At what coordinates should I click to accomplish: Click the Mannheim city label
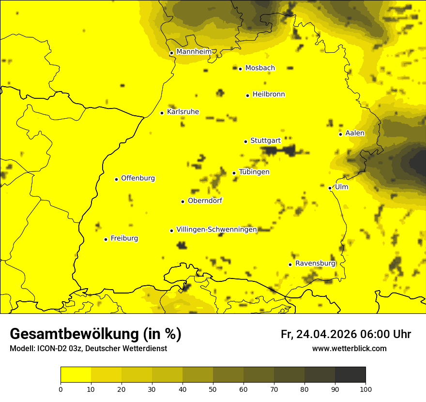[x=194, y=52]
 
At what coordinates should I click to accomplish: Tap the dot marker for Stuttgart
[x=245, y=141]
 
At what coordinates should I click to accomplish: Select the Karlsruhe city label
[x=183, y=112]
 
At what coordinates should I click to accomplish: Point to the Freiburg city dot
[x=106, y=239]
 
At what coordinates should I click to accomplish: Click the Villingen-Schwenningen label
[x=216, y=230]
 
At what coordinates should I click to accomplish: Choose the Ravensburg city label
[x=315, y=263]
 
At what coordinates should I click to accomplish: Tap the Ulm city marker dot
[x=330, y=188]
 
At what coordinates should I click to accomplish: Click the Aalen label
[x=355, y=133]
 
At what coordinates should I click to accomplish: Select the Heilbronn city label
[x=269, y=94]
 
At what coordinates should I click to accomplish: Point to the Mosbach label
[x=260, y=68]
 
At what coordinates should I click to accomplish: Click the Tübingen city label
[x=254, y=172]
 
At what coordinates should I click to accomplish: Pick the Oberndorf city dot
[x=183, y=201]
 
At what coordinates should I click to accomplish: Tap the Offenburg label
[x=138, y=178]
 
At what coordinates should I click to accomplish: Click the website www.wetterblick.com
[x=349, y=349]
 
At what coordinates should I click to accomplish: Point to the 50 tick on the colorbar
[x=213, y=388]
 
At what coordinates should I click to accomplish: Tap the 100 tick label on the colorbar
[x=365, y=388]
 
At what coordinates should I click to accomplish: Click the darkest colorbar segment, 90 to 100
[x=350, y=374]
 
